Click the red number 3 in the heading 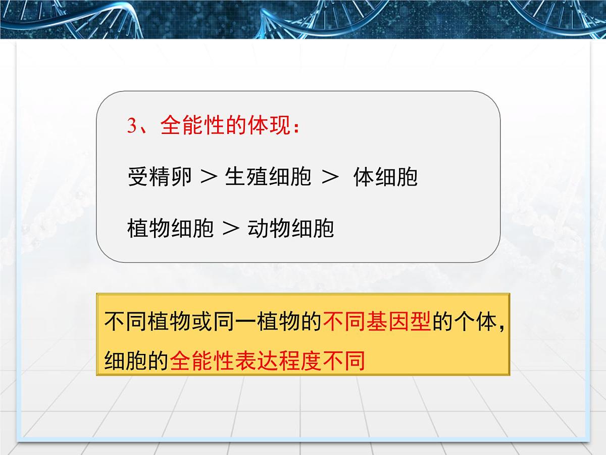[x=132, y=126]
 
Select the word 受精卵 [x=160, y=177]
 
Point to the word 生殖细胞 [x=268, y=177]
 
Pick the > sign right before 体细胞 [x=329, y=177]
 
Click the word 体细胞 [x=386, y=177]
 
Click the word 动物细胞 [x=291, y=229]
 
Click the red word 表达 [x=257, y=361]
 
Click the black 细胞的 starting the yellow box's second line [x=137, y=361]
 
